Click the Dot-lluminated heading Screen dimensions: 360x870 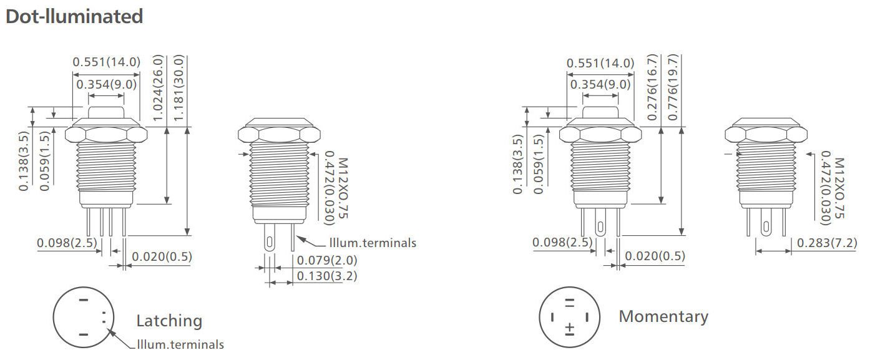[x=74, y=16]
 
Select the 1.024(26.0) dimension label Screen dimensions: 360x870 [x=158, y=87]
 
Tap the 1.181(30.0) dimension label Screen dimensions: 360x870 [x=179, y=87]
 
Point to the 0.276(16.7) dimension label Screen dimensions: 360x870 [x=652, y=87]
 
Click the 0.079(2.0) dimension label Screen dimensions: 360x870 [x=327, y=260]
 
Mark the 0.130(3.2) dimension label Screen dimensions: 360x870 [x=327, y=276]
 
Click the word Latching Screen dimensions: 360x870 [x=169, y=321]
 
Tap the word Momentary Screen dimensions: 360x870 [x=663, y=316]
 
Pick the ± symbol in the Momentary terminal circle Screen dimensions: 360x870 [x=569, y=328]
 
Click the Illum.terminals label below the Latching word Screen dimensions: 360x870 [x=180, y=344]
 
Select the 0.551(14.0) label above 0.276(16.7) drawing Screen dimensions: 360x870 [x=600, y=63]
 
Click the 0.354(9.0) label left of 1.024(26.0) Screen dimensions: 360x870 [x=107, y=84]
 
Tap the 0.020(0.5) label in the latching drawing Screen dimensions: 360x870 [x=162, y=256]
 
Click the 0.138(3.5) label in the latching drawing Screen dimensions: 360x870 [x=24, y=161]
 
